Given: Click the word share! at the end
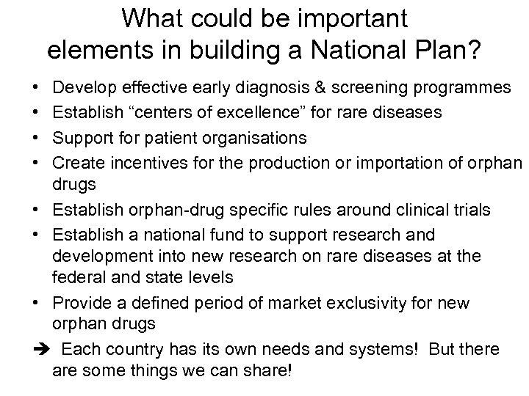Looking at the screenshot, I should pos(267,371).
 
